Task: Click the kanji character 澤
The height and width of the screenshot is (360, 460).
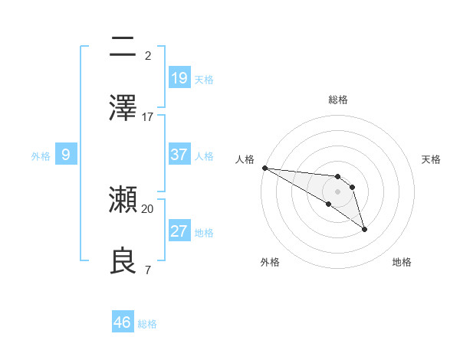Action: click(123, 108)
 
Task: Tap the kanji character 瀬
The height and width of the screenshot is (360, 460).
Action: click(123, 200)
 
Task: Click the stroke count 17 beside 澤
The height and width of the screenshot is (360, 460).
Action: click(148, 117)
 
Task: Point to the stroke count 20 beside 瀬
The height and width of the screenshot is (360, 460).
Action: click(148, 208)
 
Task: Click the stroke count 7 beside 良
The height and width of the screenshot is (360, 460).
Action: click(147, 270)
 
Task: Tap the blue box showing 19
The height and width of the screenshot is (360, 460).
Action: click(179, 77)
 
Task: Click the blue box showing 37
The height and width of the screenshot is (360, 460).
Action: click(179, 154)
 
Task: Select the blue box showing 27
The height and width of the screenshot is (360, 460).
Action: click(179, 231)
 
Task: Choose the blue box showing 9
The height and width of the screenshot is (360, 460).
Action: click(66, 155)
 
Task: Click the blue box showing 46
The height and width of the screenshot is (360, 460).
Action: click(123, 322)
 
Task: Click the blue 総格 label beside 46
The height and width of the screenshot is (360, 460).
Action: click(147, 324)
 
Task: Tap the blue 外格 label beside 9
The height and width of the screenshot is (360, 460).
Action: click(41, 155)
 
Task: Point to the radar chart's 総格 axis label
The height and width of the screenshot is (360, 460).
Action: click(338, 100)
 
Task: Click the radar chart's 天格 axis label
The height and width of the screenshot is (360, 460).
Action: click(432, 159)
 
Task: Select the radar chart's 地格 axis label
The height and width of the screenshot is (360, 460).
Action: click(402, 262)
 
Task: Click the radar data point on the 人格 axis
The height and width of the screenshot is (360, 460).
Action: click(264, 168)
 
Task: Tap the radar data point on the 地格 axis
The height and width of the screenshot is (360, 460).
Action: click(364, 229)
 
